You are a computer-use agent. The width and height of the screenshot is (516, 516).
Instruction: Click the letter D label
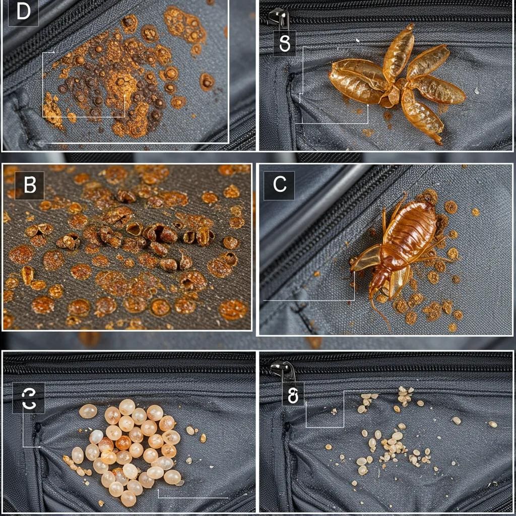[x=23, y=13]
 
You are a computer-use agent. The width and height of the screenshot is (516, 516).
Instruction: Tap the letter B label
[x=29, y=185]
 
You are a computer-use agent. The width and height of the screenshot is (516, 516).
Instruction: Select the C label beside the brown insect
[x=279, y=185]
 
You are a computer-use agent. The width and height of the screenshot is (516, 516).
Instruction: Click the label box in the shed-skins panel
[x=285, y=43]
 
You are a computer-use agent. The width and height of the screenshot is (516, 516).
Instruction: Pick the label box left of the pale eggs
[x=29, y=398]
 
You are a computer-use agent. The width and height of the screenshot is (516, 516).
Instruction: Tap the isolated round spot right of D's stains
[x=207, y=81]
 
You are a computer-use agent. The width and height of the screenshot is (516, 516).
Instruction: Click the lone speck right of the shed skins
[x=477, y=91]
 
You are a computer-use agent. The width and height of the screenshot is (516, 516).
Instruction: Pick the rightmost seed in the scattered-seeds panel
[x=492, y=424]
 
